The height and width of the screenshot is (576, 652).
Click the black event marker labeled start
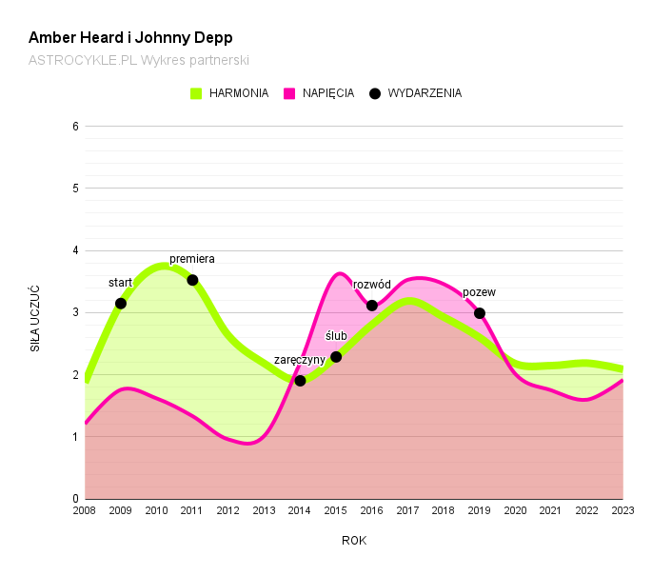pos(121,304)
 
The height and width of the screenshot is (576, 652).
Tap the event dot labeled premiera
pos(192,280)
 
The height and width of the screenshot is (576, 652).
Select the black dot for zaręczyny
pos(300,381)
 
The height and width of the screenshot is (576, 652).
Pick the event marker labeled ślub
pos(336,357)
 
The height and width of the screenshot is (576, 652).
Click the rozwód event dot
pos(372,306)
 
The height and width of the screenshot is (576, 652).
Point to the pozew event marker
pos(480,313)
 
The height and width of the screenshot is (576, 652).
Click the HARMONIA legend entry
pos(229,93)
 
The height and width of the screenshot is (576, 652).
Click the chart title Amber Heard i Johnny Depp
pos(130,38)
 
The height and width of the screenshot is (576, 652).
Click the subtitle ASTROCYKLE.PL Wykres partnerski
pos(139,60)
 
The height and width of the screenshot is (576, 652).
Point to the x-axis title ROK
pos(354,541)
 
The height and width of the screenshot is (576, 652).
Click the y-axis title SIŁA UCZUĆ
pos(35,318)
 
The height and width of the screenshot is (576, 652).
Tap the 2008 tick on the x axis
pos(85,511)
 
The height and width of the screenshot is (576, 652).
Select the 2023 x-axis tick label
pos(622,511)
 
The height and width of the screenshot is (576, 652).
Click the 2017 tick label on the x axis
pos(407,511)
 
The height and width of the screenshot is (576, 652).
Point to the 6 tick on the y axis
pos(75,127)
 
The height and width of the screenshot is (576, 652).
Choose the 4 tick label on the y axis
pos(75,250)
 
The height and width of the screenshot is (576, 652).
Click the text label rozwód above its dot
pos(372,285)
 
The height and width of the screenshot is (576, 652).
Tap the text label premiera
pos(192,259)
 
